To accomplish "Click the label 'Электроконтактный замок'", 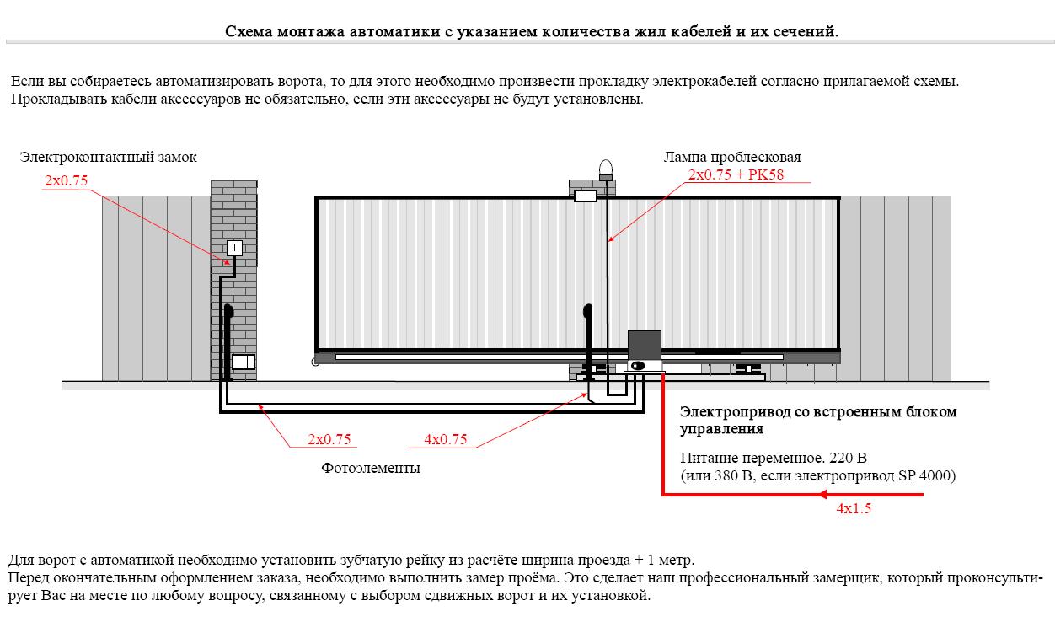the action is click(108, 157).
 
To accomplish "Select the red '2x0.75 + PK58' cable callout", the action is click(736, 174).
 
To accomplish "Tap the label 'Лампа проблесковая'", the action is click(732, 157).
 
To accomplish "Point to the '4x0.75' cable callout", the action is click(446, 439).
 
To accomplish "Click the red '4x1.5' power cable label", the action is click(854, 508).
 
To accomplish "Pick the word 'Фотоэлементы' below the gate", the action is click(371, 468).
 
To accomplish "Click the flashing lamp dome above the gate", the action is click(606, 167).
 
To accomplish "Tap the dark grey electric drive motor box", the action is click(645, 346).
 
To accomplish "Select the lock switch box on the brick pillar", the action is click(234, 248).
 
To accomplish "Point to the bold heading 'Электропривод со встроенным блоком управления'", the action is click(818, 420).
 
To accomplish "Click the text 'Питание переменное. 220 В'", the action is click(774, 458).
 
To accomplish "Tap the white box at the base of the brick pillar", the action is click(244, 362).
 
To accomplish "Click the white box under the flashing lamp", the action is click(586, 196).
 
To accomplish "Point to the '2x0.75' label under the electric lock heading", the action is click(66, 180).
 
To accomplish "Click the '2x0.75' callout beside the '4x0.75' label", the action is click(329, 439).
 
